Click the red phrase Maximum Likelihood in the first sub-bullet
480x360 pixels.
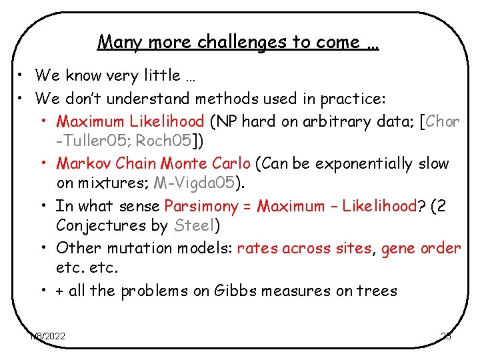(131, 121)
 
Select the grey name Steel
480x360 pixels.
(193, 226)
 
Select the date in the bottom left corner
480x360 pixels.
(47, 336)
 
